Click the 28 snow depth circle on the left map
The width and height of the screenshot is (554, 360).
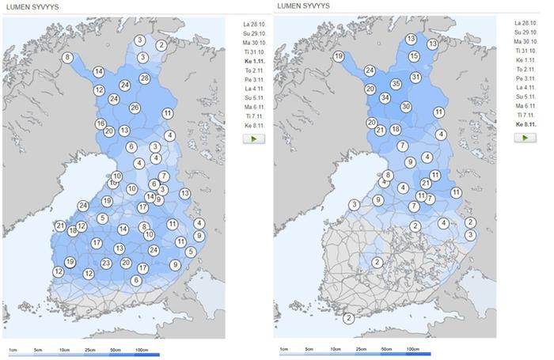point(145,78)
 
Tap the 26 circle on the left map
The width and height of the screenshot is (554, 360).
point(135,108)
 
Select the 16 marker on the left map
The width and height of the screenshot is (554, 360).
point(101,124)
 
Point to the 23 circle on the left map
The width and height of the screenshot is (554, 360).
point(107,263)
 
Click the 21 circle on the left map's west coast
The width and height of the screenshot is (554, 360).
point(61,225)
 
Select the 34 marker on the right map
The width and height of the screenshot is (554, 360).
point(385,98)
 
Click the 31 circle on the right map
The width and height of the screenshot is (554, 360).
point(415,77)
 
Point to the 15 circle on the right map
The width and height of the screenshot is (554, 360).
point(414,56)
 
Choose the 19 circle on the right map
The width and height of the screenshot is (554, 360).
point(338,56)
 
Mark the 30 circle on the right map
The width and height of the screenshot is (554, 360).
point(406,107)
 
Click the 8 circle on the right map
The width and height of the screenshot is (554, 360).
point(388,175)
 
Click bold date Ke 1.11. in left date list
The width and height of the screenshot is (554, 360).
point(255,61)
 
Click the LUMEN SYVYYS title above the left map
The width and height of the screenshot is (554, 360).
point(27,6)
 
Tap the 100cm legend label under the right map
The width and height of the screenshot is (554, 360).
point(412,348)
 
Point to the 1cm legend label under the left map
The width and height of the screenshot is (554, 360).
point(13,349)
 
